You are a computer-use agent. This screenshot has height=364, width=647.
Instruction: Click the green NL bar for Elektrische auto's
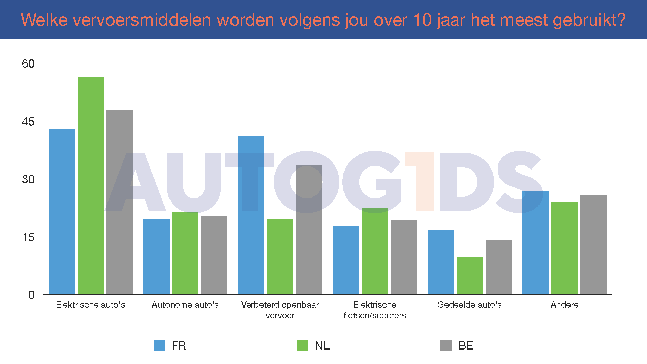tap(91, 185)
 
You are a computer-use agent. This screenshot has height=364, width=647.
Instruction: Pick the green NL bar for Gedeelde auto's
tap(470, 276)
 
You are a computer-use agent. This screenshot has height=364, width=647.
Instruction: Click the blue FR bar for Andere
tap(535, 243)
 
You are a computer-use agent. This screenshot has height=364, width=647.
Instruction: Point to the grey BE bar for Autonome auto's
tap(214, 255)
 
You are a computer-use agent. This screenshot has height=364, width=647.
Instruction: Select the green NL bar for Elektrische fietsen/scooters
tap(375, 251)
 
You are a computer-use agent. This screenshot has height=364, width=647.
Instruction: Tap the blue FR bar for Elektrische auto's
tap(62, 211)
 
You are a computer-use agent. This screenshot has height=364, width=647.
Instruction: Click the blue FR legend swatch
tap(159, 345)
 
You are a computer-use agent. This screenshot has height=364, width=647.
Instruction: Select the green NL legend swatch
tap(303, 345)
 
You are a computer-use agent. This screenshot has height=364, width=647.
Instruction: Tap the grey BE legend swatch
tap(446, 345)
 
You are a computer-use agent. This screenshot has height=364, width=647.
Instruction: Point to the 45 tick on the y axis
tap(28, 122)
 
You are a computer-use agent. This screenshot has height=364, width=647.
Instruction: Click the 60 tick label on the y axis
tap(28, 64)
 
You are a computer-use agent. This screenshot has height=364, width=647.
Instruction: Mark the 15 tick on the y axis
tap(28, 237)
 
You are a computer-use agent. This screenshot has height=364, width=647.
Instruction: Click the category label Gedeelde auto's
tap(469, 305)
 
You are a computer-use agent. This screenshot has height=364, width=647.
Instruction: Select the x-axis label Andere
tap(564, 305)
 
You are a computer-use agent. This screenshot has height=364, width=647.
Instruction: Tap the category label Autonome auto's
tap(185, 305)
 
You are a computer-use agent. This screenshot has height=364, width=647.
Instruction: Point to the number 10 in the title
tap(422, 20)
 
